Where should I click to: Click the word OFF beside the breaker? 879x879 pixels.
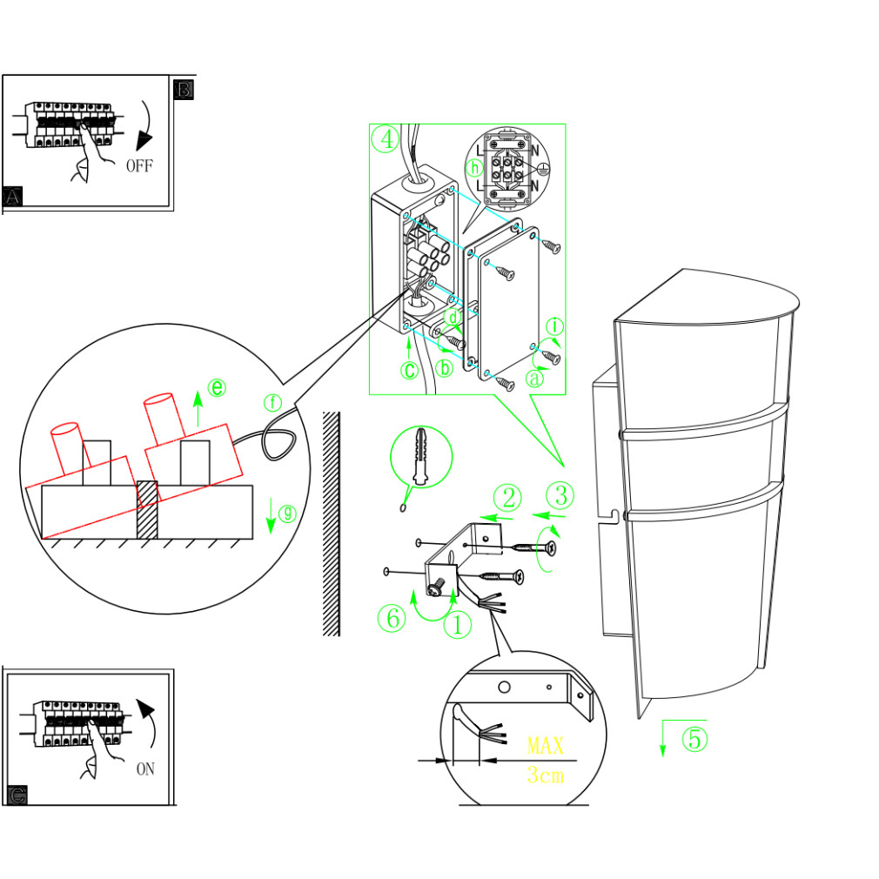pos(139,165)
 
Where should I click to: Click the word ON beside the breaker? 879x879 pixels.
pos(145,769)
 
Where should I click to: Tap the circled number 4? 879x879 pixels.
pos(385,139)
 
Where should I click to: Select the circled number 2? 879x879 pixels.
pos(507,498)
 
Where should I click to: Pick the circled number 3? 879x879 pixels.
pos(561,496)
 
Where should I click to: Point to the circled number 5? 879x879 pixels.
pos(694,739)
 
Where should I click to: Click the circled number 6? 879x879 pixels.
pos(392,619)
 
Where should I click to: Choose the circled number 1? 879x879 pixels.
pos(458,624)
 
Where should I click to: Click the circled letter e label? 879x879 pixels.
pos(217,388)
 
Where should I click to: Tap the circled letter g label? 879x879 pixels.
pos(288,513)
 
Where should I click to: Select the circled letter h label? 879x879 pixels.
pos(474,168)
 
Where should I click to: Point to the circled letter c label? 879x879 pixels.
pos(409,370)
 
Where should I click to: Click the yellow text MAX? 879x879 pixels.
pos(546,746)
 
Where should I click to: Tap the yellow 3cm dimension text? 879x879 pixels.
pos(546,775)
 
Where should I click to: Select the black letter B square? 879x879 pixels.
pos(184,89)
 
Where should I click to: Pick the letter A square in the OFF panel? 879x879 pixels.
pos(13,197)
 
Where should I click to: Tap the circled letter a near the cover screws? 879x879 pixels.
pos(534,379)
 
